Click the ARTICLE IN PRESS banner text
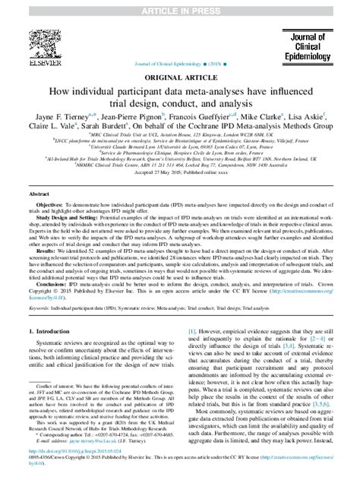coord(179,7)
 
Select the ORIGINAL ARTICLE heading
coord(180,78)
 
